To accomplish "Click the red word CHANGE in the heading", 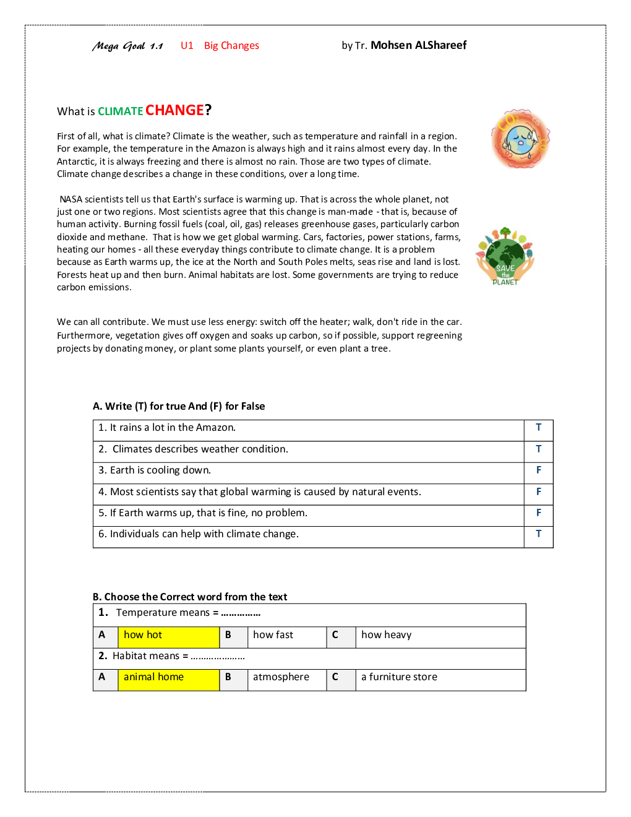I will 174,110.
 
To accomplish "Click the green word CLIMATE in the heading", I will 121,111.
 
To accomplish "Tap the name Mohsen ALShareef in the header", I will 418,45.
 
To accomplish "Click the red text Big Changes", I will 231,46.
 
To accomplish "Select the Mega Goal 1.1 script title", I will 127,46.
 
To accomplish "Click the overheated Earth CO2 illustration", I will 520,139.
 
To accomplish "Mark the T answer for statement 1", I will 538,428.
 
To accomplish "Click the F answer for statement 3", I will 538,470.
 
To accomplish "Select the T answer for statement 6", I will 538,534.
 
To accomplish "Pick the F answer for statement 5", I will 538,513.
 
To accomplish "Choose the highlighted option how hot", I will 143,635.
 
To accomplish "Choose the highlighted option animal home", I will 153,677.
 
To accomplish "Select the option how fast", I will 273,635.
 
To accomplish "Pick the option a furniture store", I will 399,677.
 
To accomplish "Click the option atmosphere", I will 281,677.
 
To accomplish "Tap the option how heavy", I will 386,635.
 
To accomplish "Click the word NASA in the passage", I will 71,199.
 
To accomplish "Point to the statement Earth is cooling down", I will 160,470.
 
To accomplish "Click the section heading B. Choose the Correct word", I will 190,597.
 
